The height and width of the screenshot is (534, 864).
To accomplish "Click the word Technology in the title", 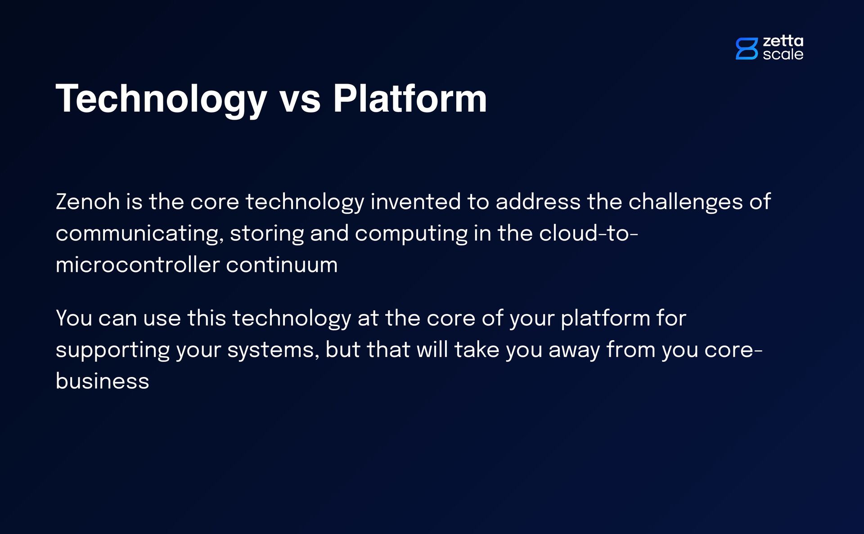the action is click(x=162, y=99).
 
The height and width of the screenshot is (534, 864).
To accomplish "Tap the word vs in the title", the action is click(x=300, y=99).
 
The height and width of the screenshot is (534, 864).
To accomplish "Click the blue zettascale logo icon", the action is click(x=747, y=49).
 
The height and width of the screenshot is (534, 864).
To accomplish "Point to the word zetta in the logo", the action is click(x=783, y=41).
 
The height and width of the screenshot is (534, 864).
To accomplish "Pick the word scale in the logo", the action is click(x=783, y=54).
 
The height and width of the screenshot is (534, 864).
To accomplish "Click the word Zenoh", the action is click(x=88, y=202).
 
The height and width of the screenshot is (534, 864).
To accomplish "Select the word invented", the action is click(x=415, y=202).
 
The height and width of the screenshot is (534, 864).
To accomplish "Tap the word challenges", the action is click(x=685, y=202).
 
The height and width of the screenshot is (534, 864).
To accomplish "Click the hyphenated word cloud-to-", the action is click(x=589, y=233).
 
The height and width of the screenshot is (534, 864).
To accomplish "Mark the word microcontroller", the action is click(x=138, y=265).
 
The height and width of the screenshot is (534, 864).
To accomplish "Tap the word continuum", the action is click(x=282, y=265).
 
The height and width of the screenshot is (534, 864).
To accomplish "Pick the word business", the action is click(x=102, y=381).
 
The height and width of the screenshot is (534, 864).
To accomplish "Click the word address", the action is click(x=538, y=202).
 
